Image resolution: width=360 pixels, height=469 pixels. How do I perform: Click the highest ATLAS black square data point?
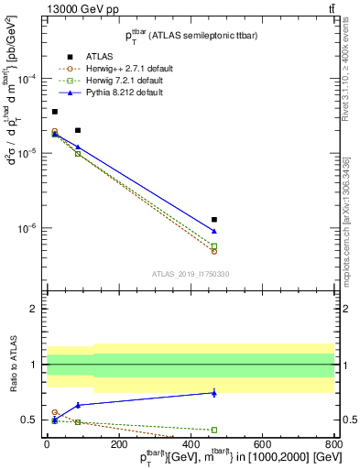(x=54, y=112)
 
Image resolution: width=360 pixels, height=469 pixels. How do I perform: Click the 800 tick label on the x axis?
(x=333, y=445)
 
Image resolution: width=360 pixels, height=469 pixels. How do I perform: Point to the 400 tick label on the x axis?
(x=190, y=445)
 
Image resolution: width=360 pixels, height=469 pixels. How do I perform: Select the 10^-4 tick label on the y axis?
(x=26, y=79)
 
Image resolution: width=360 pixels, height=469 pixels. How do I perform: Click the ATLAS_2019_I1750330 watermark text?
(x=191, y=274)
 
